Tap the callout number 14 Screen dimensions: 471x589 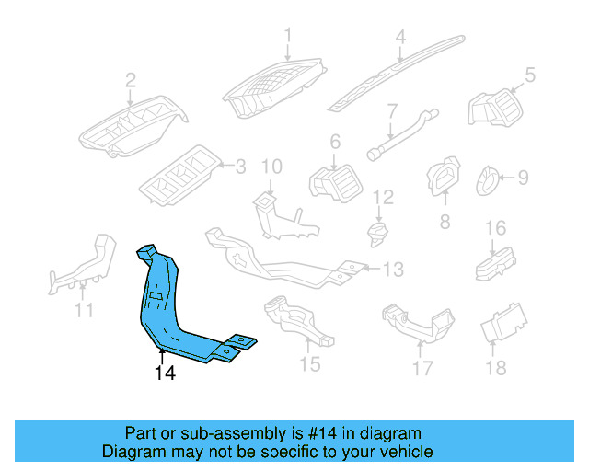165,373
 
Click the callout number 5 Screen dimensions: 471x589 529,75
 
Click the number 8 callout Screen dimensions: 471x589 444,222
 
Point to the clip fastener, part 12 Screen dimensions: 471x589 376,235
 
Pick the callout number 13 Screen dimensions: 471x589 393,270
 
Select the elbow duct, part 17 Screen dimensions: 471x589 420,324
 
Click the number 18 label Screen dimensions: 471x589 495,368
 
